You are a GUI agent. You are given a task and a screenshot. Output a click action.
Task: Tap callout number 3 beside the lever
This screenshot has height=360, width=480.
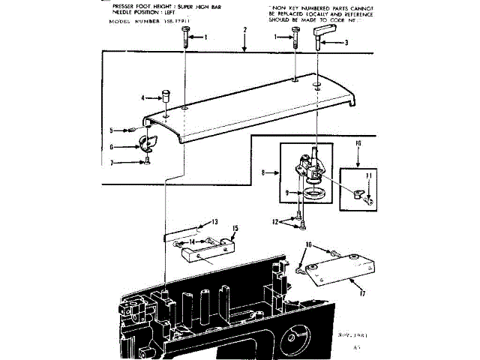[x=346, y=43]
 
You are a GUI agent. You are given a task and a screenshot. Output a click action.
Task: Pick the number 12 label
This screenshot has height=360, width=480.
[x=277, y=221]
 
